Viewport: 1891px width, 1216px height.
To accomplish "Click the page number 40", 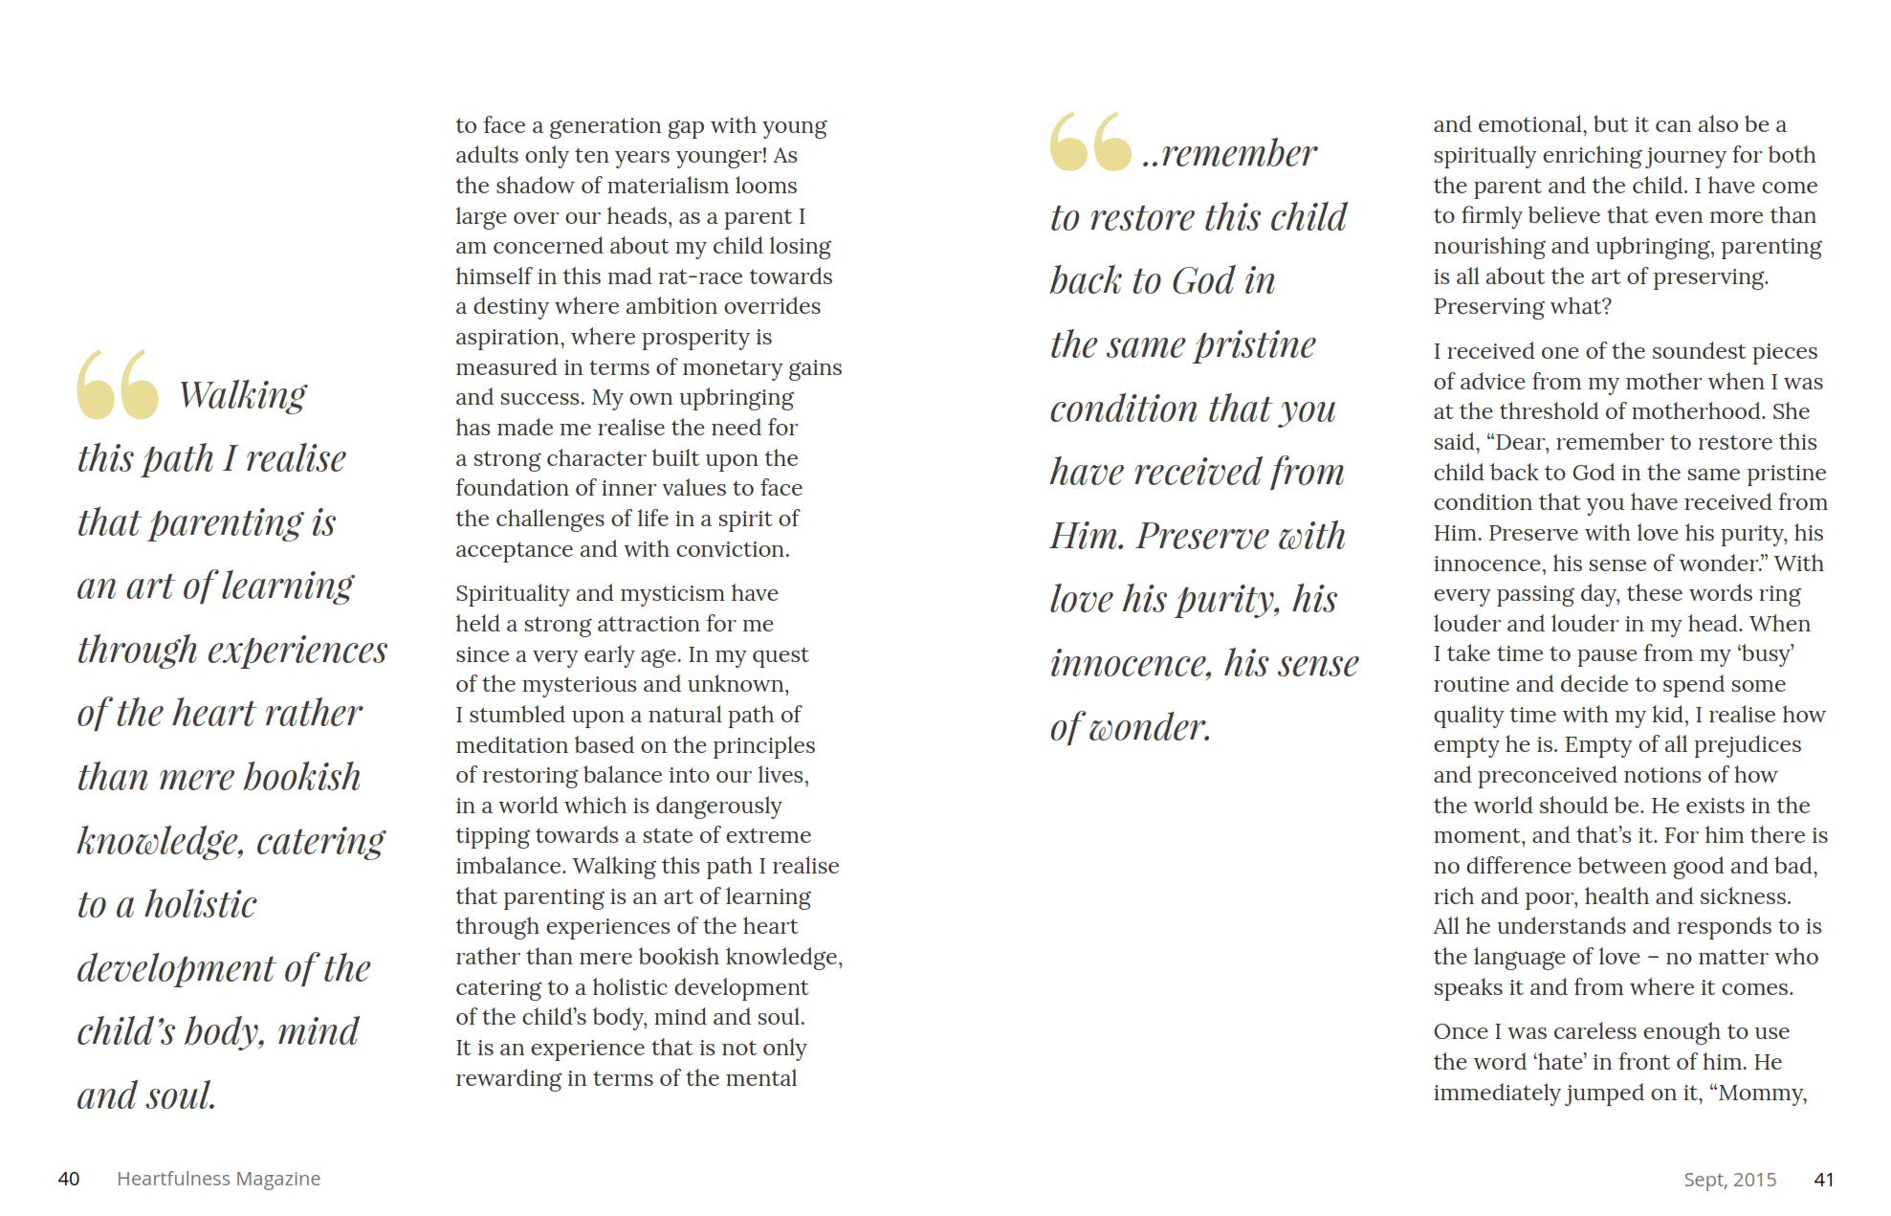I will pyautogui.click(x=69, y=1179).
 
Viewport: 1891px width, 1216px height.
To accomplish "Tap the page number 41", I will pyautogui.click(x=1823, y=1180).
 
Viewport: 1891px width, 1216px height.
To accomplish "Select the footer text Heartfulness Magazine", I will pyautogui.click(x=218, y=1179).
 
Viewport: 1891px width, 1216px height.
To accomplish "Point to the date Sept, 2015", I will pyautogui.click(x=1729, y=1180).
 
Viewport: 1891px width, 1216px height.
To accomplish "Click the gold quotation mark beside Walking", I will pyautogui.click(x=118, y=385).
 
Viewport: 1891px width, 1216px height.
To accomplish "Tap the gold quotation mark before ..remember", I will pyautogui.click(x=1090, y=143).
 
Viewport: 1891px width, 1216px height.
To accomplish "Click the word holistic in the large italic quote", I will pyautogui.click(x=201, y=904).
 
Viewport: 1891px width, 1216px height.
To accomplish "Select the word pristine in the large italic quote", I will pyautogui.click(x=1256, y=344).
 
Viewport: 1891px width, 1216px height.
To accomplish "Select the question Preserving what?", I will pyautogui.click(x=1522, y=306).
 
